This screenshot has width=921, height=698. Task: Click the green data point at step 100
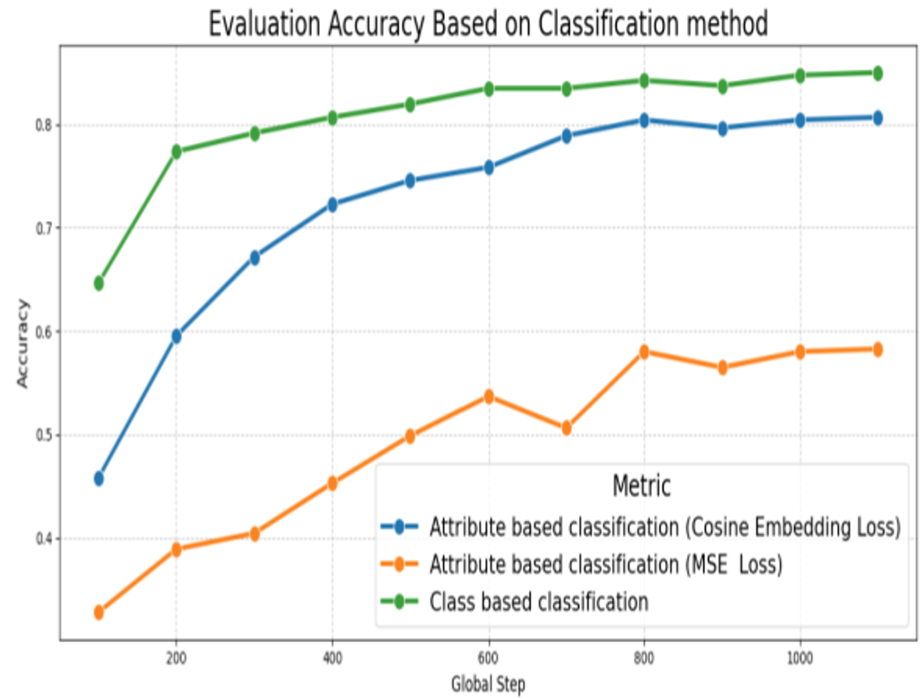[99, 283]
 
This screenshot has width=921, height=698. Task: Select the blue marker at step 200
[176, 337]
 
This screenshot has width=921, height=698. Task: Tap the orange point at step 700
[566, 428]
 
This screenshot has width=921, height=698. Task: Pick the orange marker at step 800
[644, 352]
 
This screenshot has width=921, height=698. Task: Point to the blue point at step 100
[99, 478]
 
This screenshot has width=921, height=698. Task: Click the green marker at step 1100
[878, 73]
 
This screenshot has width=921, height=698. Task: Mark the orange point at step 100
[99, 612]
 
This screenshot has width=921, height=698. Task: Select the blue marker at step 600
[489, 167]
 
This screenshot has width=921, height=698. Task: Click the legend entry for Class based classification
[539, 602]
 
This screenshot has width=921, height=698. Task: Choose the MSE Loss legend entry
[606, 565]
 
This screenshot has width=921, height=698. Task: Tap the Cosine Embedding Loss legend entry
[665, 527]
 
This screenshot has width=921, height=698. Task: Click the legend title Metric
[641, 486]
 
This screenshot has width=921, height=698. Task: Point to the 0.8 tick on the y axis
[43, 124]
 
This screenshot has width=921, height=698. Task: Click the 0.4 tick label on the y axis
[43, 539]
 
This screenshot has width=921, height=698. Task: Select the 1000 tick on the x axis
[799, 659]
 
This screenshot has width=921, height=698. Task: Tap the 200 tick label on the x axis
[176, 659]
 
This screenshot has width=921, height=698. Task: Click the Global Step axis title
[488, 684]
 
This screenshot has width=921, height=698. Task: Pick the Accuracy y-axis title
[22, 343]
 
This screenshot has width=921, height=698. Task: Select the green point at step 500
[410, 105]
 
